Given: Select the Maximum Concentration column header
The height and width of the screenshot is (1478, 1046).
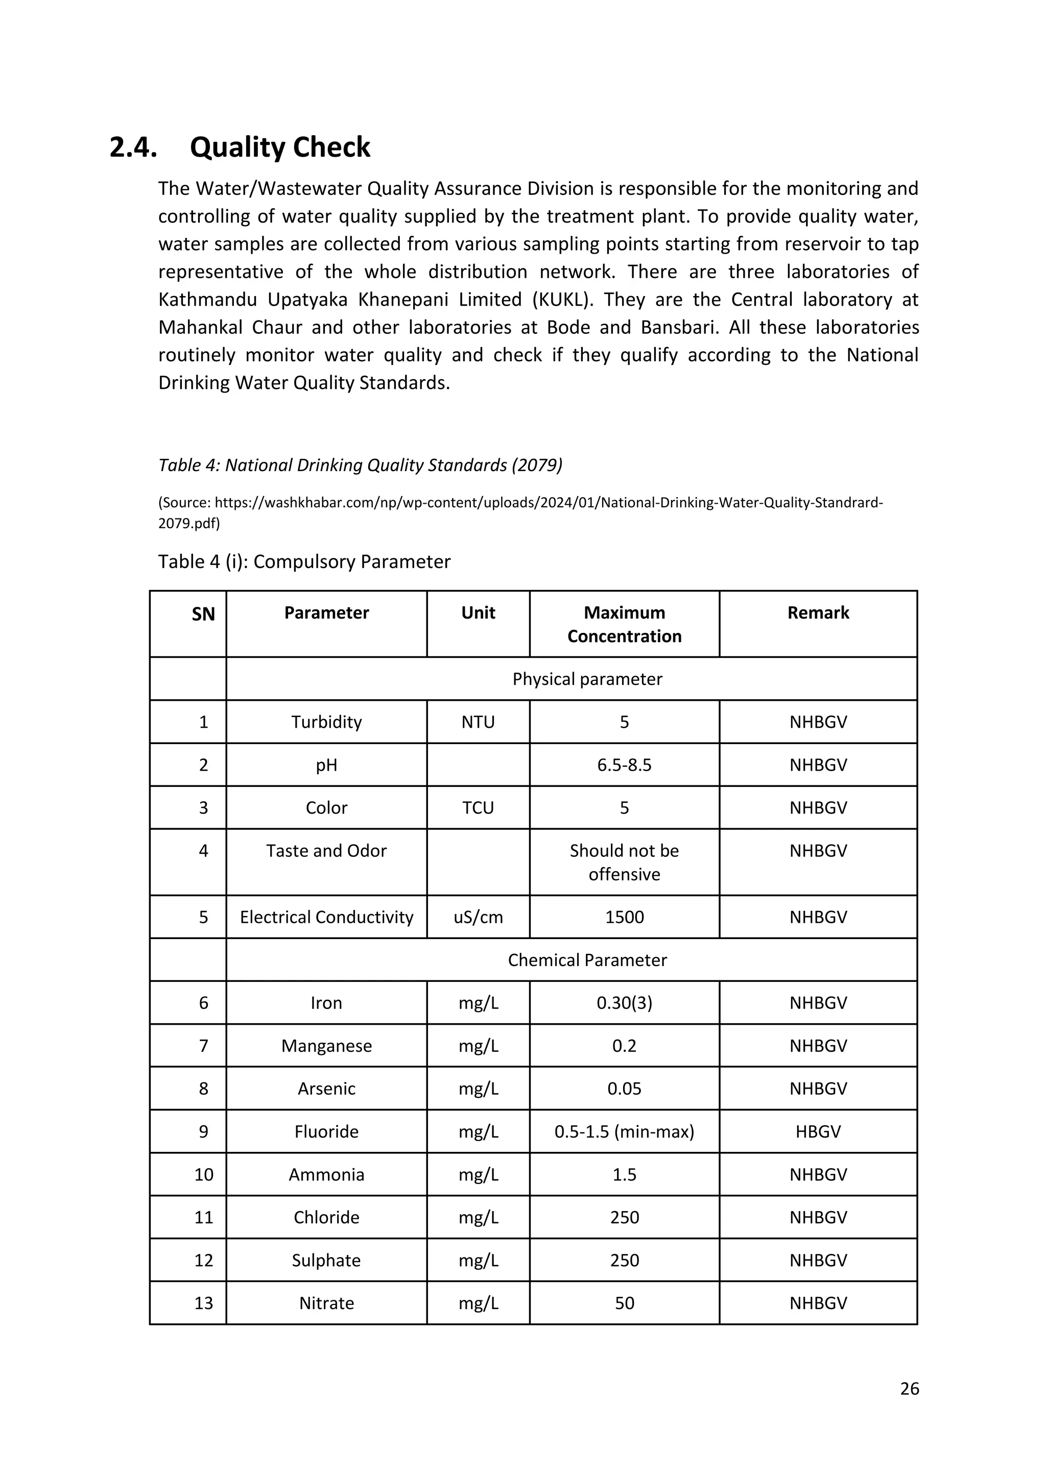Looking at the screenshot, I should pos(624,624).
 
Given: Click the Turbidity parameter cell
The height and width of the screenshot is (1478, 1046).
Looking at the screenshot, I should pos(326,722).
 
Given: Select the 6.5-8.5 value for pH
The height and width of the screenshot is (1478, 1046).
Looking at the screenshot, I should pos(624,765).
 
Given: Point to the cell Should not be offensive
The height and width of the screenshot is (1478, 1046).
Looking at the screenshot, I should pos(624,862).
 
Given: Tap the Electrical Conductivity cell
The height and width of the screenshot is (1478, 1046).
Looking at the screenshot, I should pos(326,917).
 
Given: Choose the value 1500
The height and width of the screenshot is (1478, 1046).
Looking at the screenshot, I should pos(624,917).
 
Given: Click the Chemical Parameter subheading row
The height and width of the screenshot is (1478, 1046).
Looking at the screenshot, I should pos(587,960).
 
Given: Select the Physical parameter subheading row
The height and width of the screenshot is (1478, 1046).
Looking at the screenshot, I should pos(587,679).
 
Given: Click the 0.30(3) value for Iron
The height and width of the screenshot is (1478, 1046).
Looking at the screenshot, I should pos(624,1003).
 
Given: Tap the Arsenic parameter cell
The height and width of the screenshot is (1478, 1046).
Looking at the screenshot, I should pos(326,1089).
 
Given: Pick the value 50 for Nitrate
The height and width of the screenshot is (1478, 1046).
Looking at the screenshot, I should pos(624,1303).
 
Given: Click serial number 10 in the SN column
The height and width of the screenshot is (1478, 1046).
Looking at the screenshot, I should pos(204,1174).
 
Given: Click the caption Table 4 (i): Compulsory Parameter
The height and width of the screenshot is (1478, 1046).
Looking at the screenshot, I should pos(304,561).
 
